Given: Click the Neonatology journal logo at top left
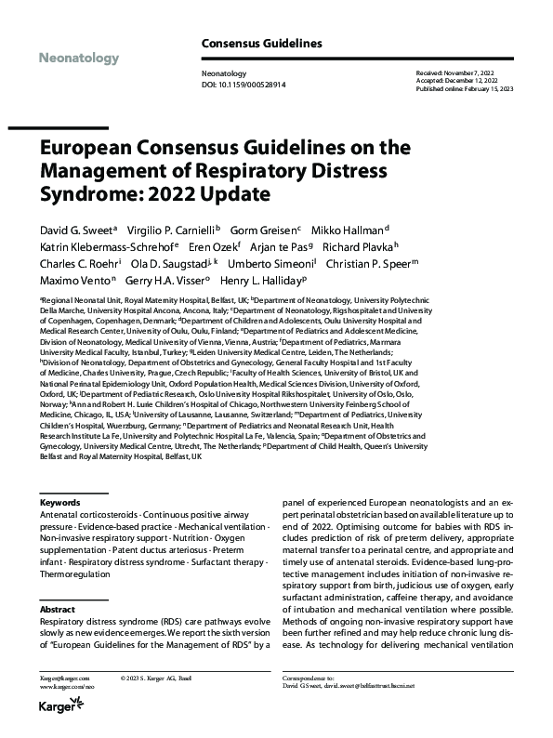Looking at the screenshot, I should tap(80, 59).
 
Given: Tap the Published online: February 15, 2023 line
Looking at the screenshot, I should tap(470, 87).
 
